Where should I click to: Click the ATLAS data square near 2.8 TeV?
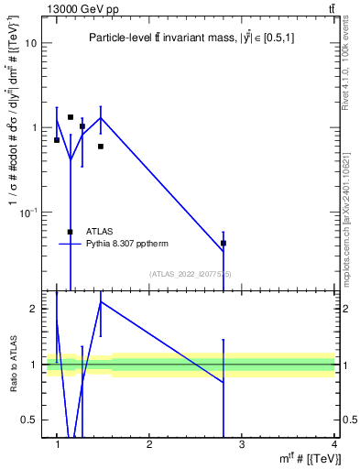tap(224, 244)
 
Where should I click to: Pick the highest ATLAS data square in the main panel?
tap(71, 117)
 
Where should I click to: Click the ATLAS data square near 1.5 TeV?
tap(101, 147)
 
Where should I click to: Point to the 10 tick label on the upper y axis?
tap(30, 43)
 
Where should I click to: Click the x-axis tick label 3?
tap(242, 443)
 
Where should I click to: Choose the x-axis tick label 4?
tap(333, 443)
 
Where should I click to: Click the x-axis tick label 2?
tap(149, 443)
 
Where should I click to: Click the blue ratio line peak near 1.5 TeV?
tap(101, 301)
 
